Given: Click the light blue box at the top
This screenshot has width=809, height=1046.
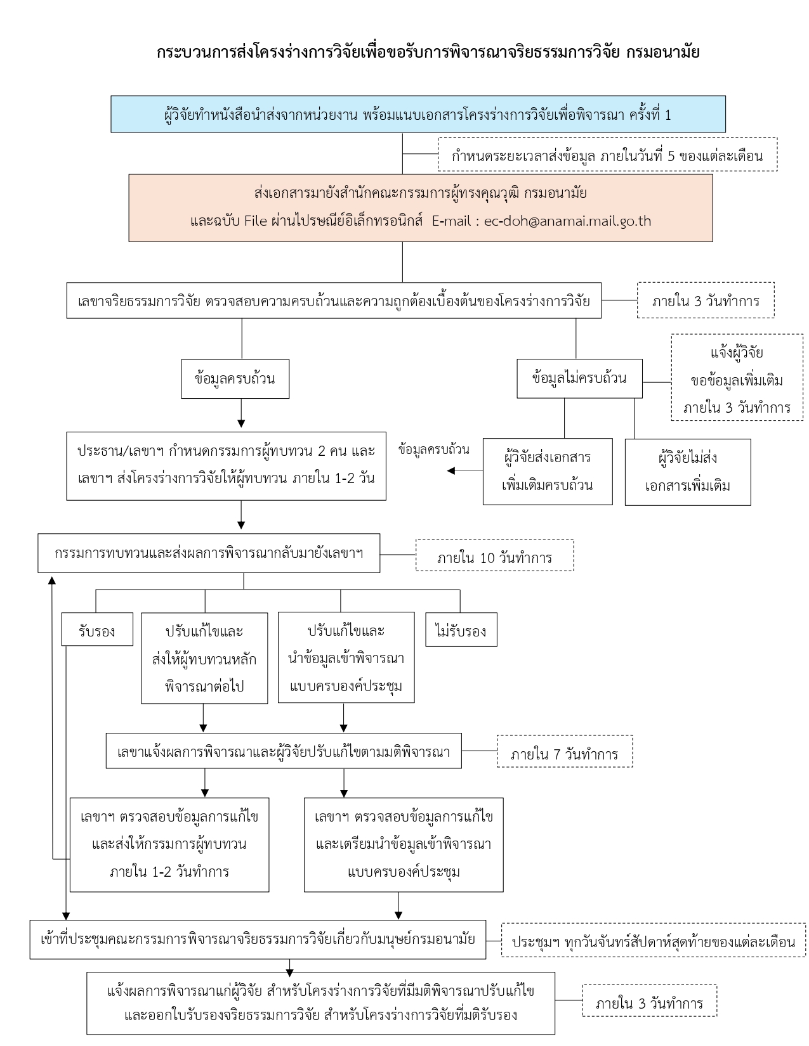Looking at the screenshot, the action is pyautogui.click(x=418, y=114).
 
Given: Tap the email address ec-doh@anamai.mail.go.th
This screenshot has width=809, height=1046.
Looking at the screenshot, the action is pyautogui.click(x=567, y=221).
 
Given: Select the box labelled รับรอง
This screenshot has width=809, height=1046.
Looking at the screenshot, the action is pyautogui.click(x=97, y=629).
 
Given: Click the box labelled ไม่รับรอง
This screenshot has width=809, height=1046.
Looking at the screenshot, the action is pyautogui.click(x=461, y=629).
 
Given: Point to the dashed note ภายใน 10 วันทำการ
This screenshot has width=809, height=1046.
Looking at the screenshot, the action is pyautogui.click(x=495, y=555).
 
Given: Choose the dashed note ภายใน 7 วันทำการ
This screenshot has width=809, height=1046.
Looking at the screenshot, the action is pyautogui.click(x=565, y=751).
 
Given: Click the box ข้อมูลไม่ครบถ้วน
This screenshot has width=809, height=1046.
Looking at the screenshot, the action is pyautogui.click(x=579, y=378).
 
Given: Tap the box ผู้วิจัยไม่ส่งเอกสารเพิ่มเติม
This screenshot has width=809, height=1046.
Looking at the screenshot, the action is pyautogui.click(x=688, y=472).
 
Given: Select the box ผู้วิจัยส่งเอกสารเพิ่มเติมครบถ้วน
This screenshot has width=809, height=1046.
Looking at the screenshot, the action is pyautogui.click(x=548, y=471).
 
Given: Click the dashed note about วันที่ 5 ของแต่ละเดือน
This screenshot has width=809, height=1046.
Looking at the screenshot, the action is pyautogui.click(x=607, y=154).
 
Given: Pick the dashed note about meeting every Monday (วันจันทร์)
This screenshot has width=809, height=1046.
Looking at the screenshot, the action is pyautogui.click(x=654, y=940).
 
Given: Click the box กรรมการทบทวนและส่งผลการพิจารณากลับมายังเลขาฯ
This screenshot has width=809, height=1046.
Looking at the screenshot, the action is pyautogui.click(x=209, y=553).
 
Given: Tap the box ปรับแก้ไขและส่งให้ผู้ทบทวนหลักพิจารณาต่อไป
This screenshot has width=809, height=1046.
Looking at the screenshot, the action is pyautogui.click(x=204, y=658).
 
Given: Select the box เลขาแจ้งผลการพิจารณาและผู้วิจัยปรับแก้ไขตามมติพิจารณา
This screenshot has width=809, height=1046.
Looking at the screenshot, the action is pyautogui.click(x=284, y=751).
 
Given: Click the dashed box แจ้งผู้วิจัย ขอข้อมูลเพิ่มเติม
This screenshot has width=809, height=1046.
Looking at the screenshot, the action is pyautogui.click(x=737, y=377).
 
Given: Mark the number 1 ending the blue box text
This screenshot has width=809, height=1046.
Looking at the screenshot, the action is pyautogui.click(x=668, y=115).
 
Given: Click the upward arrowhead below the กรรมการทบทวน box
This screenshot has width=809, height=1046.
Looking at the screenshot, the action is pyautogui.click(x=52, y=580).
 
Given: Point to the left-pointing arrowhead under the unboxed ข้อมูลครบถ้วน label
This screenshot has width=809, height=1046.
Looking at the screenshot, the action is pyautogui.click(x=451, y=471).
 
